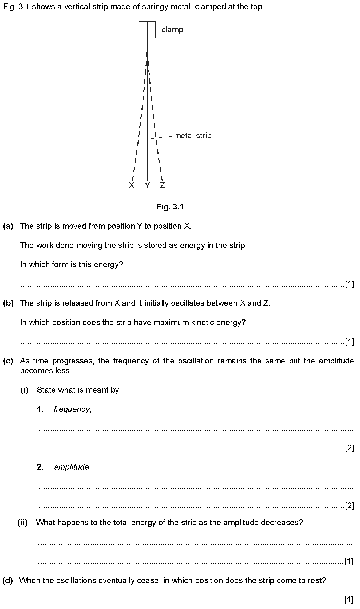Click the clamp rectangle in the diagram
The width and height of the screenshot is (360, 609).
click(147, 30)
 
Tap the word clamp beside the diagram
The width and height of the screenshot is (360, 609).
click(172, 29)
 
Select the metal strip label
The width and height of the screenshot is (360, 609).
click(192, 136)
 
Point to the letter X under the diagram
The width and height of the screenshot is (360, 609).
click(132, 185)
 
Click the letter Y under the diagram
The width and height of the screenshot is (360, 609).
click(147, 185)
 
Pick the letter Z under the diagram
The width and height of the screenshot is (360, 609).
click(162, 185)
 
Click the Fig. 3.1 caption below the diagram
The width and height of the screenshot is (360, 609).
click(170, 207)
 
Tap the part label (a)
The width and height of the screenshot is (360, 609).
click(8, 226)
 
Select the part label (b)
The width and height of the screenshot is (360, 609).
click(8, 303)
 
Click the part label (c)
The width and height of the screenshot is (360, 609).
click(8, 361)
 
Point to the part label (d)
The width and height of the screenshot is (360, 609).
click(7, 580)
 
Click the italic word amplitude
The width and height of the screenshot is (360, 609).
click(72, 467)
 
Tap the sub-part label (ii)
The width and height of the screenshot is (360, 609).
click(23, 522)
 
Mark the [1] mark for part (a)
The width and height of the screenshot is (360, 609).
click(349, 284)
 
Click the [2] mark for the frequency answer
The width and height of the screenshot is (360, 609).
click(349, 448)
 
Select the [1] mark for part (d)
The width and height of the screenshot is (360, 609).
click(349, 600)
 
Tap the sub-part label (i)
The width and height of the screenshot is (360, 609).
click(24, 390)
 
